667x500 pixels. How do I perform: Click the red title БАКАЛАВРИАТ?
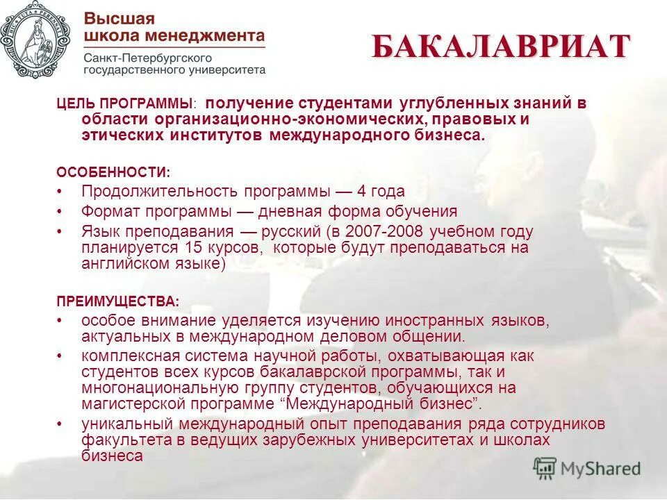click(500, 47)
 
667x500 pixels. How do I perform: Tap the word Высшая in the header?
click(120, 19)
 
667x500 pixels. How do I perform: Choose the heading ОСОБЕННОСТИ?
click(112, 171)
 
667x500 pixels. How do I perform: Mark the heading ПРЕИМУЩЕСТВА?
click(117, 301)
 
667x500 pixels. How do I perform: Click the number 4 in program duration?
click(361, 191)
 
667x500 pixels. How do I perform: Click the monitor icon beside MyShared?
click(545, 468)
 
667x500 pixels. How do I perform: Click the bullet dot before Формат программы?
click(60, 212)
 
